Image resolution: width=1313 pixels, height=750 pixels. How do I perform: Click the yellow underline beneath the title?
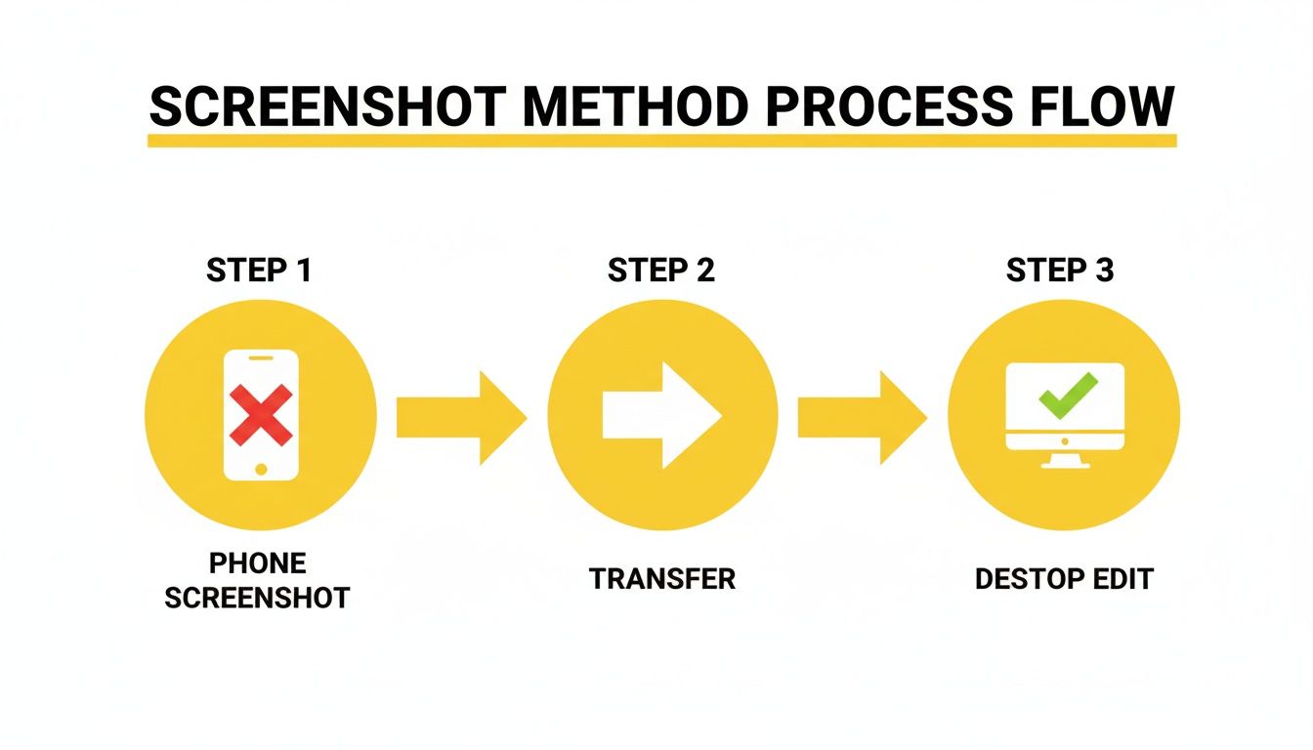[661, 141]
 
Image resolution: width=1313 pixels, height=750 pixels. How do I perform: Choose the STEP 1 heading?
[259, 271]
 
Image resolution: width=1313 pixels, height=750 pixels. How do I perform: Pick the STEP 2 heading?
[661, 271]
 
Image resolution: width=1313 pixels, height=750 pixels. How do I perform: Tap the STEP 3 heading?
[1060, 271]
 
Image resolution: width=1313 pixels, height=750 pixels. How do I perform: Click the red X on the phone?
[260, 414]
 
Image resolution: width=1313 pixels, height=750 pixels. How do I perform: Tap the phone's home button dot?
[260, 469]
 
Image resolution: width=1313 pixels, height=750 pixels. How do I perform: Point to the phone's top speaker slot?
[260, 358]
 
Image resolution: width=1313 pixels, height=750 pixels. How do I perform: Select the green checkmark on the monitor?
[1068, 396]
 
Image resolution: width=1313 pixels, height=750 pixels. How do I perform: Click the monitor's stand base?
[1065, 464]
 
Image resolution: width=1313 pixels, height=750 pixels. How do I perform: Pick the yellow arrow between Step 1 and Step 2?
[460, 417]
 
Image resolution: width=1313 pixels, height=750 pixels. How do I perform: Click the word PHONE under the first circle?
[258, 563]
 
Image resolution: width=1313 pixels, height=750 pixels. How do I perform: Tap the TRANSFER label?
[661, 579]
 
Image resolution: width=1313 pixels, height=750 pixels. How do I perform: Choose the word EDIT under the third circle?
[1122, 579]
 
